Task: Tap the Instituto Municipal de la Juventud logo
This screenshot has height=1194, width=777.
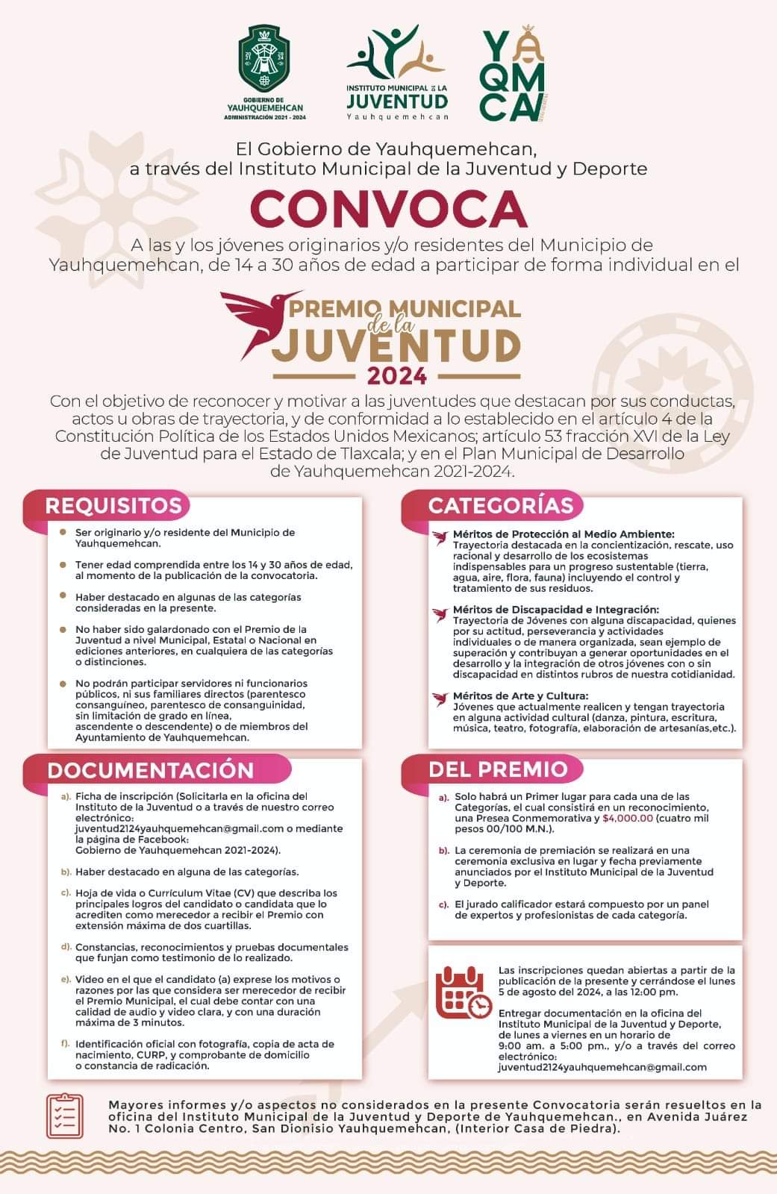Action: [x=397, y=73]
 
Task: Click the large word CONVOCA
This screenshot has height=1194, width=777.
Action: [x=388, y=209]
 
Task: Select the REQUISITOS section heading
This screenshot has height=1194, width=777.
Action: [x=113, y=506]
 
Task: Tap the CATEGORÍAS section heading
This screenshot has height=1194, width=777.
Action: [x=500, y=506]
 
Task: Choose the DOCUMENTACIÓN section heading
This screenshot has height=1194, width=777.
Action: [x=150, y=769]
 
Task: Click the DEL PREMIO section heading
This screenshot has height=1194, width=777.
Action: [x=498, y=769]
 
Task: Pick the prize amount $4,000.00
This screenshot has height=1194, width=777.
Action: [x=628, y=819]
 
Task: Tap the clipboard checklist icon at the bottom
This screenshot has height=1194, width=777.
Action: [x=65, y=1116]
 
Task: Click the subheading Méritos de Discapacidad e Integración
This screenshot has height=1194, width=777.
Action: [x=556, y=610]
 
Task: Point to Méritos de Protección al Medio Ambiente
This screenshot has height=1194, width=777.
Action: [x=564, y=534]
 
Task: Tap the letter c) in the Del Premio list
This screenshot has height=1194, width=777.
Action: [x=443, y=904]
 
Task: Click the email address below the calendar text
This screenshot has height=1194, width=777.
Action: [x=602, y=1068]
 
